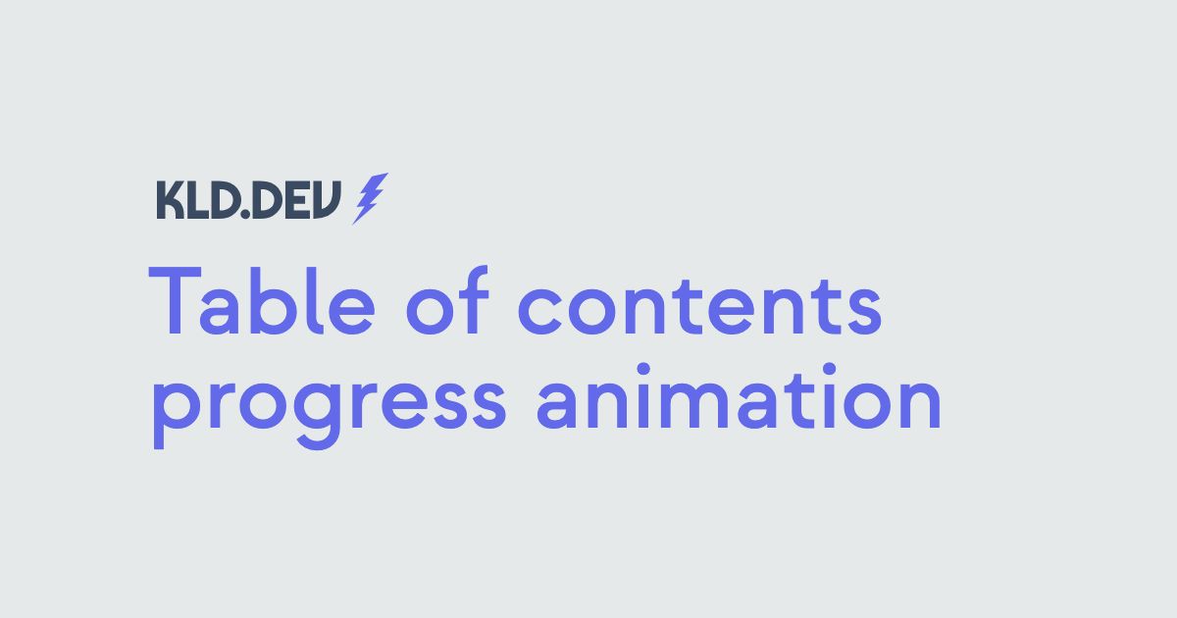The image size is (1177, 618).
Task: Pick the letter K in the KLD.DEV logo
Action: [x=171, y=200]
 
